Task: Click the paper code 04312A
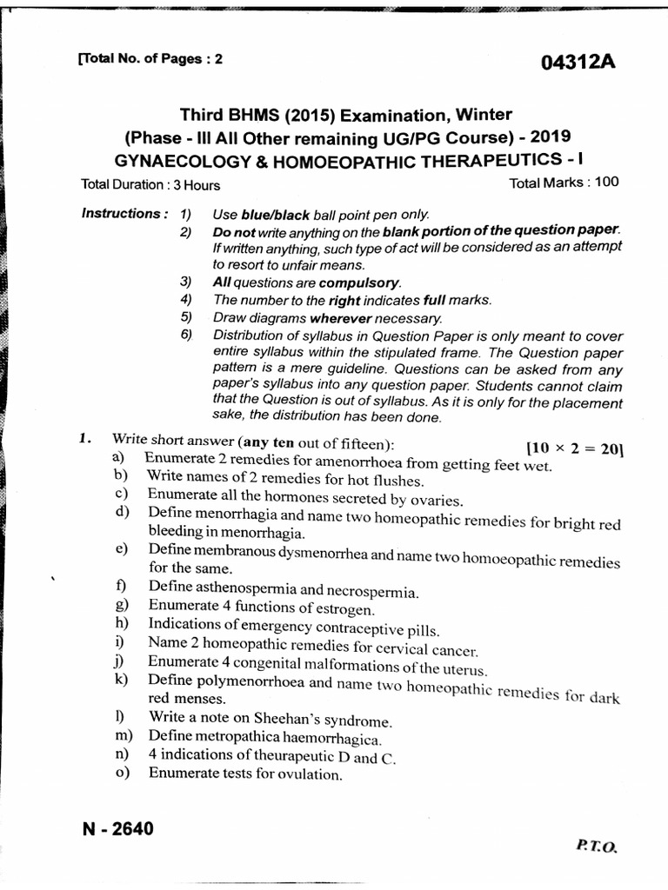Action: pyautogui.click(x=578, y=63)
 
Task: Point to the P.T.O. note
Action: pyautogui.click(x=595, y=844)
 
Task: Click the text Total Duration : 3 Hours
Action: pyautogui.click(x=150, y=185)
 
